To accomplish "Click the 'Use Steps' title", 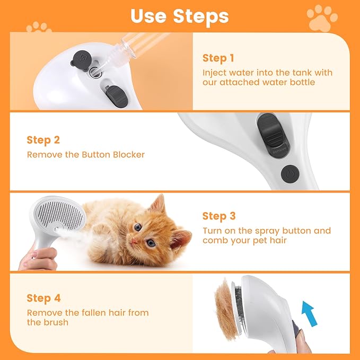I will pos(179,16).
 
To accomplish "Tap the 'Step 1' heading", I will pos(218,58).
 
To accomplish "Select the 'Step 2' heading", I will pos(43,140).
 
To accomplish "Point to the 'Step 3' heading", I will pos(218,216).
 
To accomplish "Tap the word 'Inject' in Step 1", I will pos(215,72).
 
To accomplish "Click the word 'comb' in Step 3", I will pos(214,241).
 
